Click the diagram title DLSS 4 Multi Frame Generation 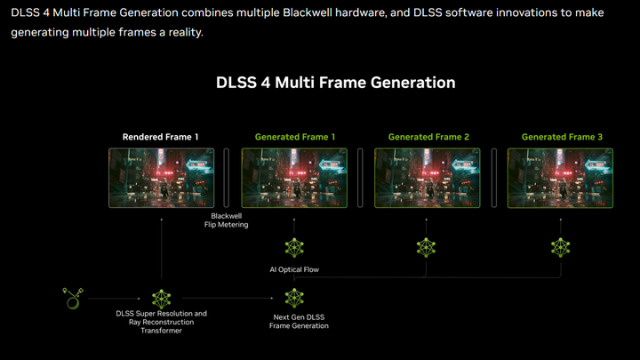coord(336,83)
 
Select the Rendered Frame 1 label coord(161,137)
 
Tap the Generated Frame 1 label coord(295,137)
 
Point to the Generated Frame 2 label coord(428,137)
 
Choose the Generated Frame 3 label coord(562,137)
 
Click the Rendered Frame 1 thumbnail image coord(161,177)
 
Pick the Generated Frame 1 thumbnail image coord(294,177)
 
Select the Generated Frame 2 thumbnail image coord(428,177)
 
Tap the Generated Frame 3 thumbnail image coord(561,177)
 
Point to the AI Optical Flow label coord(294,269)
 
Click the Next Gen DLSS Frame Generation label coord(299,321)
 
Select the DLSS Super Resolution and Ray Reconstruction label coord(161,322)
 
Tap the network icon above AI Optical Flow coord(294,248)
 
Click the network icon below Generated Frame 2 coord(428,248)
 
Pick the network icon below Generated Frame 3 coord(561,248)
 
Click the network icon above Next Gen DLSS coord(294,299)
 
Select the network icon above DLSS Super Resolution coord(161,299)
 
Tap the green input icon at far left coord(72,298)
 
